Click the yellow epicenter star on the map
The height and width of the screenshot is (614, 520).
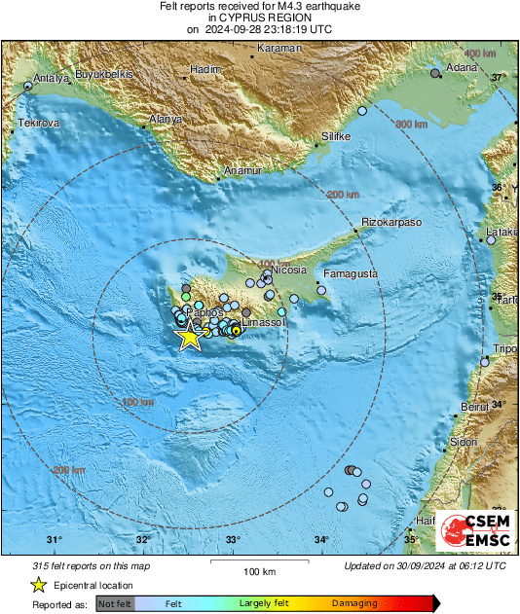click(189, 337)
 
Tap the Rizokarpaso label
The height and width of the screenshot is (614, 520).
click(390, 223)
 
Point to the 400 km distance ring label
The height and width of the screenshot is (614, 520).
click(479, 53)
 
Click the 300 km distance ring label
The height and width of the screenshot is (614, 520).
click(411, 125)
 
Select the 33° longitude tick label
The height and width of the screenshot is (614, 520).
click(233, 540)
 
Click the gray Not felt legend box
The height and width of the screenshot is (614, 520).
click(115, 604)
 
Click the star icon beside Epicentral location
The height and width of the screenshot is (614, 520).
click(38, 585)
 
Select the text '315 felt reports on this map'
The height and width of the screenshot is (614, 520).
click(93, 565)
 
